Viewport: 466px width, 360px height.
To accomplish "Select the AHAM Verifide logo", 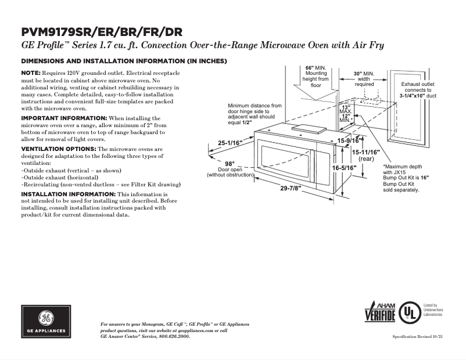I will [379, 312].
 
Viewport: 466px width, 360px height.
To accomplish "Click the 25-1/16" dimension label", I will [231, 143].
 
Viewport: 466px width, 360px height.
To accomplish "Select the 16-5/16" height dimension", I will [344, 168].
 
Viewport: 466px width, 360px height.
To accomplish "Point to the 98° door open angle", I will [230, 163].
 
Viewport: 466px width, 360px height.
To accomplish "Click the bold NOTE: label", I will [30, 72].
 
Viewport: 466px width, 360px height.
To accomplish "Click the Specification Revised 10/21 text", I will [418, 337].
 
